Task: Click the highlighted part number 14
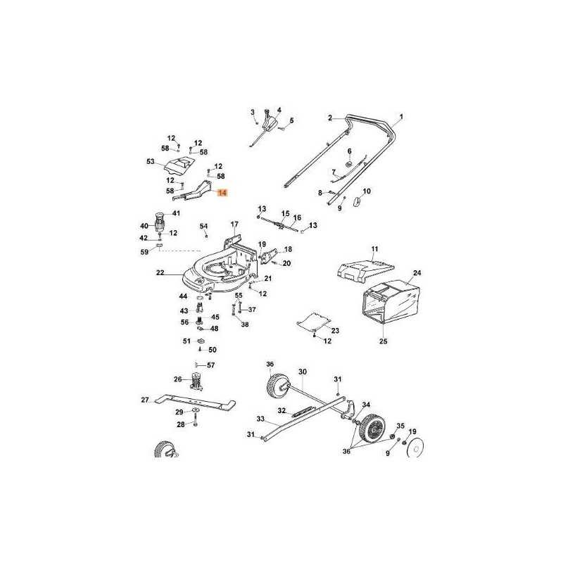coord(222,193)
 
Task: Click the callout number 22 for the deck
coord(160,273)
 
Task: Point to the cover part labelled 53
coord(179,165)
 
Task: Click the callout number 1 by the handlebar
coord(401,117)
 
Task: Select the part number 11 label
coord(375,249)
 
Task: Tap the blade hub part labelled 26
coord(196,381)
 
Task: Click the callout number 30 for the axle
coord(303,372)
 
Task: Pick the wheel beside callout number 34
coord(374,428)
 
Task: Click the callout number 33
coord(260,419)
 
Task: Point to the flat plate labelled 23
coord(313,322)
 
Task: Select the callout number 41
coord(176,213)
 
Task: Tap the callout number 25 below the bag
coord(384,341)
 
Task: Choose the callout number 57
coord(210,365)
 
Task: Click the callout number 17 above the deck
coord(234,224)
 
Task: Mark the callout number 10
coord(366,191)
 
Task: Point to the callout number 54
coord(203,226)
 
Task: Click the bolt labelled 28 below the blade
coord(196,419)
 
